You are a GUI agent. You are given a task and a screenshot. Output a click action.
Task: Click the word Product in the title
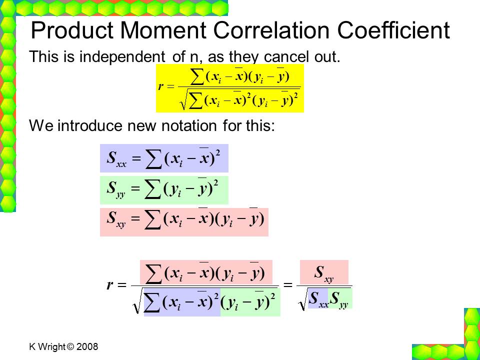tap(72, 30)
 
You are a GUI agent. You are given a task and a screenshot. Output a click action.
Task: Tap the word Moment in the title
tap(163, 30)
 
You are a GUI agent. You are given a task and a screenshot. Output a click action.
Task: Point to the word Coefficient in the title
tap(393, 30)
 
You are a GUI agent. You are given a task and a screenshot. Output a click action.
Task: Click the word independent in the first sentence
tap(122, 57)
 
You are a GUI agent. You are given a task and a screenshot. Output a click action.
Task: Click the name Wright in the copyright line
tap(51, 347)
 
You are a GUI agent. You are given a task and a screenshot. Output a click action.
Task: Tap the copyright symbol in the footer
tap(70, 346)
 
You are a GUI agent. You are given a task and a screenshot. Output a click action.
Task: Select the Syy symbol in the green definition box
tap(116, 189)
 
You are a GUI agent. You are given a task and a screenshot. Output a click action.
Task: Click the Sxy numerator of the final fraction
tap(324, 273)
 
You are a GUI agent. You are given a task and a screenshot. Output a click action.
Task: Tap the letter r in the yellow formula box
tap(160, 86)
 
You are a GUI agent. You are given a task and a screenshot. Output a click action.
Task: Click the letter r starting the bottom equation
tap(110, 285)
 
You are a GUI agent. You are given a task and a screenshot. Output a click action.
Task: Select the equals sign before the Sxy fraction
tap(288, 285)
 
